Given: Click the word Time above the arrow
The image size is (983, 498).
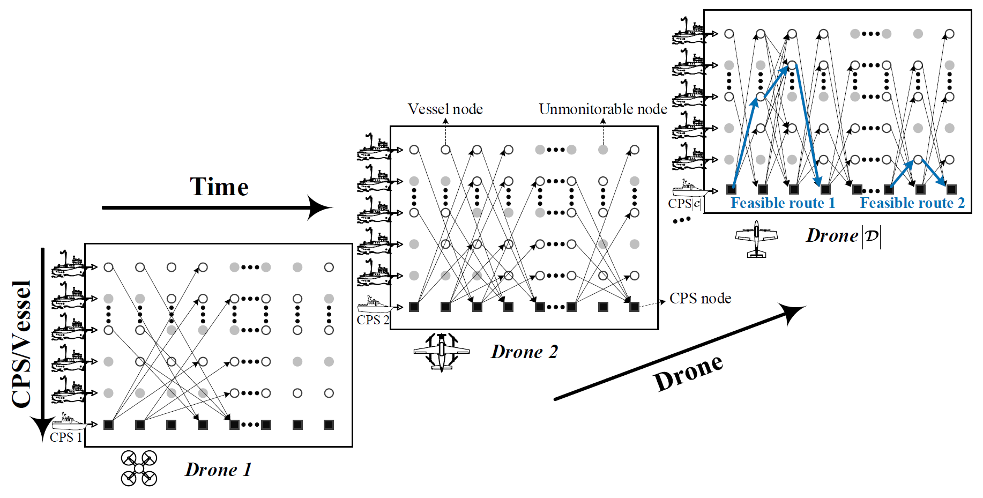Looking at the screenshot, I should tap(219, 187).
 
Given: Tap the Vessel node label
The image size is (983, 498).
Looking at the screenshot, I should tap(445, 109).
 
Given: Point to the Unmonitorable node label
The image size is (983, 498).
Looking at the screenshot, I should tap(603, 109).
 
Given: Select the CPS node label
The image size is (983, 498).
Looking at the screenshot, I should tap(700, 299).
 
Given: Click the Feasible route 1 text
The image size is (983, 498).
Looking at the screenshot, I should tap(783, 203).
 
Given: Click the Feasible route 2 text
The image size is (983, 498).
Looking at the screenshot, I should tap(912, 203).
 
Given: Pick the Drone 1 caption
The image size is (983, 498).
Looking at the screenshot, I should tap(218, 470).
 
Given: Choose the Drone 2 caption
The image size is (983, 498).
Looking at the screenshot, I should tap(524, 352).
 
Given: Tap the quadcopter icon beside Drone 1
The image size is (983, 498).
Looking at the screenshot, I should tap(139, 469).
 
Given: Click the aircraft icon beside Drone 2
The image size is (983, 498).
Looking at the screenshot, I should tap(441, 352).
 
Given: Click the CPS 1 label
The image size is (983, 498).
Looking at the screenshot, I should tap(65, 437).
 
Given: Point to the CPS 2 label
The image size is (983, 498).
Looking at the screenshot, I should tap(373, 320).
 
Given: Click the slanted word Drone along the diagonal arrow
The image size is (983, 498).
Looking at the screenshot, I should tap(689, 373).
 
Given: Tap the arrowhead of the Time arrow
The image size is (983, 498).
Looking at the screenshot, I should tap(321, 207).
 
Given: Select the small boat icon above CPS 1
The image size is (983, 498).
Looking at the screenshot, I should tap(68, 421).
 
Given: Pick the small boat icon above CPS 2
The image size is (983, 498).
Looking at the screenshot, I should tap(374, 304).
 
